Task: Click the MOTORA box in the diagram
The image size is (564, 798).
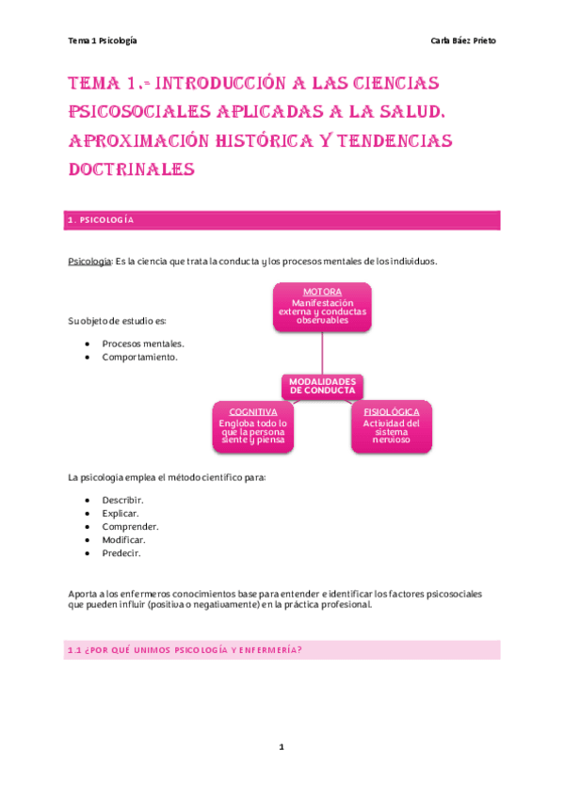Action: (x=322, y=307)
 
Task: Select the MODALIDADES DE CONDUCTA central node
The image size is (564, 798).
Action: (x=322, y=385)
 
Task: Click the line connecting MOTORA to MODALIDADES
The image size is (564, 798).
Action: (x=322, y=353)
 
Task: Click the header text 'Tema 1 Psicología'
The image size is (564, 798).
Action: (x=103, y=41)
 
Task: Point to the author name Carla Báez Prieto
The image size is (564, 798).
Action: (x=462, y=41)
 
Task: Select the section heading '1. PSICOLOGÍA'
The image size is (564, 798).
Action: (x=101, y=220)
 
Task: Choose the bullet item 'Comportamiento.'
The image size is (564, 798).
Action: (x=139, y=358)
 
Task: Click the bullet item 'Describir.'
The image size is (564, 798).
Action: (x=122, y=500)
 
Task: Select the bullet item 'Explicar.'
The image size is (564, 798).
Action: (x=121, y=514)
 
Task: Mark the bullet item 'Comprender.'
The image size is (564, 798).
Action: (x=130, y=527)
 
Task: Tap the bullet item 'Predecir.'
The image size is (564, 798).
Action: (x=121, y=553)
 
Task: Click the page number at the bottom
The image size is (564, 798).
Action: (x=281, y=747)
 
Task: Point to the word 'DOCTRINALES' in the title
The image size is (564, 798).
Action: (x=131, y=169)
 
